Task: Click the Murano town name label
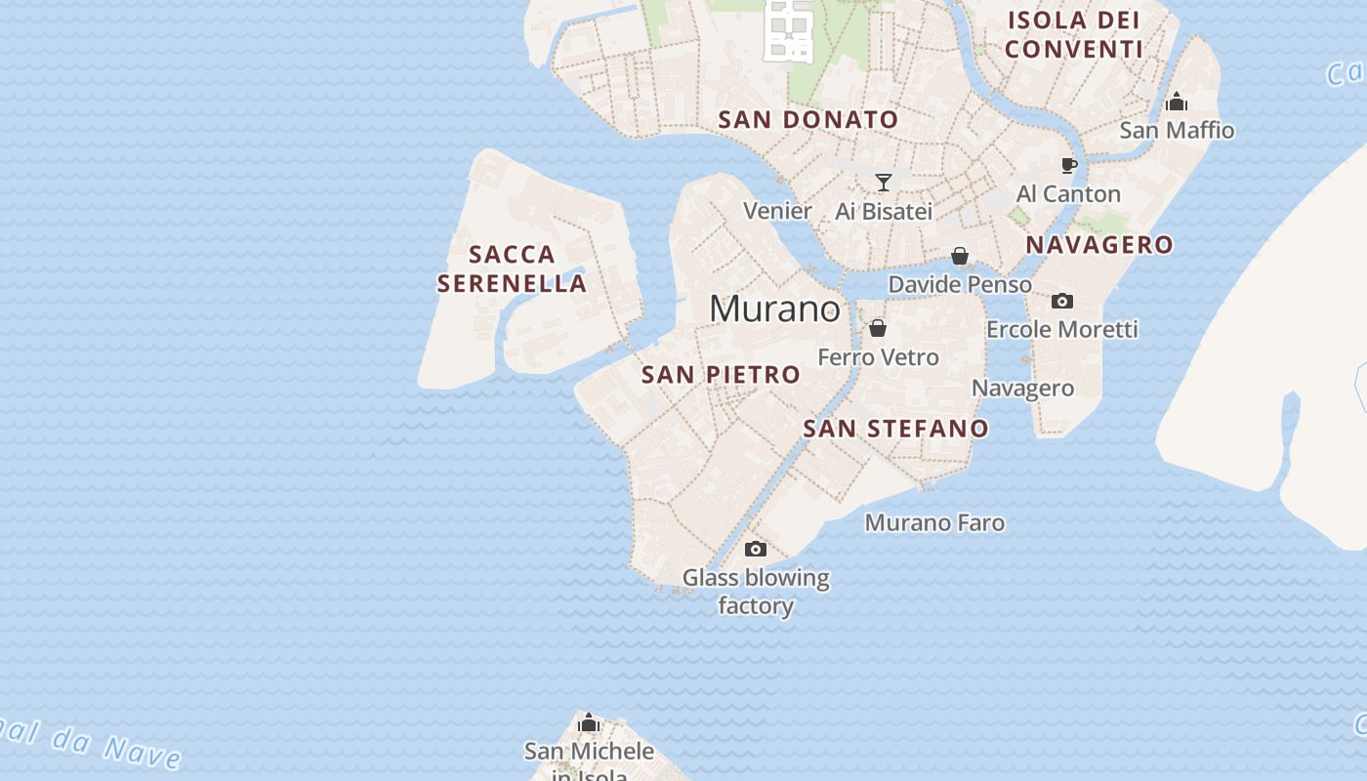(774, 308)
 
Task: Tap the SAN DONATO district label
(808, 120)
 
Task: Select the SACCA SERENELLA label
(512, 268)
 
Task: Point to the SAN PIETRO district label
(721, 374)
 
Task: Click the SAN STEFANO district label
(895, 428)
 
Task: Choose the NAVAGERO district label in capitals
(1099, 244)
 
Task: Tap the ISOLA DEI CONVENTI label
(1074, 34)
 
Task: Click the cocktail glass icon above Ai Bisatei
(884, 183)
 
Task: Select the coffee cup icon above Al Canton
(1069, 165)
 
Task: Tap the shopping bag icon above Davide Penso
(960, 256)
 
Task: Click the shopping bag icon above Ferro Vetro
(878, 328)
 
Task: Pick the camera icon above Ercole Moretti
(1062, 301)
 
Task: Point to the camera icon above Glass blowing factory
(756, 550)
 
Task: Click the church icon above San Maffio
(1177, 102)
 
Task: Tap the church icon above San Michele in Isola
(589, 722)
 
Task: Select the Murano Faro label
(934, 523)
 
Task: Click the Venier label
(777, 211)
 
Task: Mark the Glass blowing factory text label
(756, 592)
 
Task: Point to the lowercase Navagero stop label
(1022, 389)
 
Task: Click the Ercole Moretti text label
(1061, 330)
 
